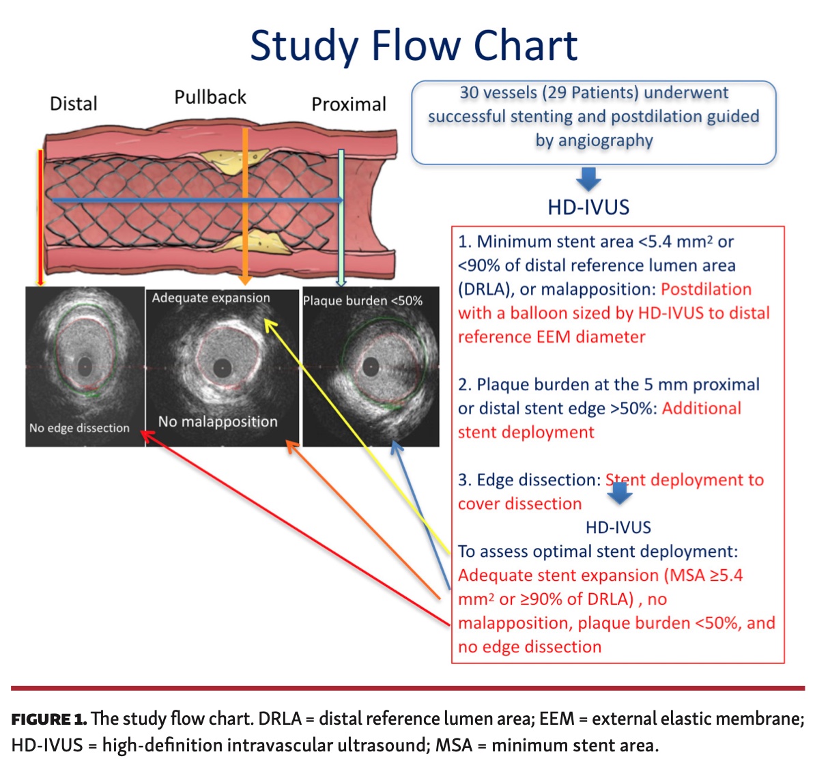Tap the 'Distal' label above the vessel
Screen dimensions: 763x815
coord(74,104)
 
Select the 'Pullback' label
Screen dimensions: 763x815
coord(210,98)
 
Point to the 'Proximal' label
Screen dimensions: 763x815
coord(349,104)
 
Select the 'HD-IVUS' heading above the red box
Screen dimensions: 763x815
coord(588,207)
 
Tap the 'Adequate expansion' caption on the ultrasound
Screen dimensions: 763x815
coord(211,298)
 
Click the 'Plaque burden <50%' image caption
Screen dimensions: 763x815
coord(362,301)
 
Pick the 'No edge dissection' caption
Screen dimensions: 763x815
coord(79,428)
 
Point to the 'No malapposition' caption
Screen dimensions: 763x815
coord(218,422)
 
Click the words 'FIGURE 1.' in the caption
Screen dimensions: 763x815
coord(48,719)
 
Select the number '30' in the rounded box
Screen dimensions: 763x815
coord(470,93)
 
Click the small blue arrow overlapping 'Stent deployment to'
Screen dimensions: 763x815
coord(619,492)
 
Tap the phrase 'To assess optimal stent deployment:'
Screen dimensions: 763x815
coord(598,551)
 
